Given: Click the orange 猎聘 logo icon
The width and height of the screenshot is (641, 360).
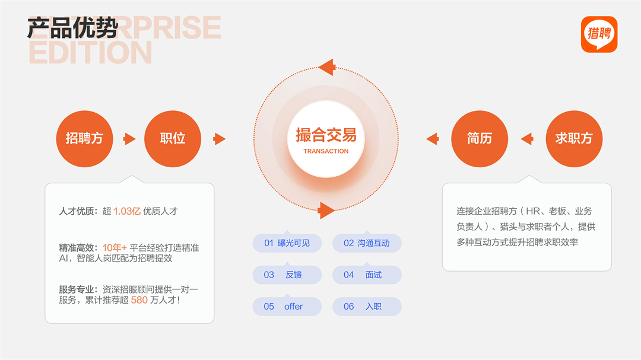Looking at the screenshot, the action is [599, 34].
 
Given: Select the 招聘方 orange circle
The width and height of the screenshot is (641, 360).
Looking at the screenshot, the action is [85, 139].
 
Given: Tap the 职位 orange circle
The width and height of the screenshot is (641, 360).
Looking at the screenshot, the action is [173, 139].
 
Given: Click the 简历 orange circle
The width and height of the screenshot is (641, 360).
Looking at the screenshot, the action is [480, 139].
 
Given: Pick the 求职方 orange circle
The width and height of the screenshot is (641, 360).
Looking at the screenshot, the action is [574, 139].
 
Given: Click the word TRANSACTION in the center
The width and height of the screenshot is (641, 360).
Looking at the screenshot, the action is [326, 151].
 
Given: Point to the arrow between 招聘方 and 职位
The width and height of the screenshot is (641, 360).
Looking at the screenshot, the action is [129, 139].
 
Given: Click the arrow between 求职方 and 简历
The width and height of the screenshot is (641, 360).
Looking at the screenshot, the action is [527, 139].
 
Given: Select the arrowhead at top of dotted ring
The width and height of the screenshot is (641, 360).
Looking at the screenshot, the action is [327, 68].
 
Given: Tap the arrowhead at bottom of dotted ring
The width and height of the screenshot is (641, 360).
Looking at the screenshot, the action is [326, 211].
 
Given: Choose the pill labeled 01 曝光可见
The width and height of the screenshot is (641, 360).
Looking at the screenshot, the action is [287, 243].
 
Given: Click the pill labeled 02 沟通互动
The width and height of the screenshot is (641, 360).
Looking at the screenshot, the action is [367, 243].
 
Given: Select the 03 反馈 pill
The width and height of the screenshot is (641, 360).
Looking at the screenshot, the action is [287, 275].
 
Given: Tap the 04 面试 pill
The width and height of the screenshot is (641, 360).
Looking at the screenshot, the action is [367, 275].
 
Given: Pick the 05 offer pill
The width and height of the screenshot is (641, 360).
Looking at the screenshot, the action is [287, 307].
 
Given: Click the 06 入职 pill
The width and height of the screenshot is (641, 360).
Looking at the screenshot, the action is [367, 307].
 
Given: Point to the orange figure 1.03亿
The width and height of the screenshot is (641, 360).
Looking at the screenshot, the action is [127, 211].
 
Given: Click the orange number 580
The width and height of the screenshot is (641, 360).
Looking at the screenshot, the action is [139, 300].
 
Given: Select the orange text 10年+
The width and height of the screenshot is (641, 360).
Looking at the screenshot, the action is [115, 248].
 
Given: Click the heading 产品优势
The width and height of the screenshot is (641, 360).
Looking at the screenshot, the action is [73, 28].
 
